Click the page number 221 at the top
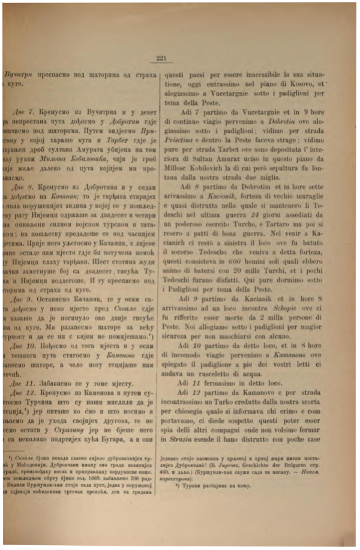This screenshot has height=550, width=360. tap(160, 59)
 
